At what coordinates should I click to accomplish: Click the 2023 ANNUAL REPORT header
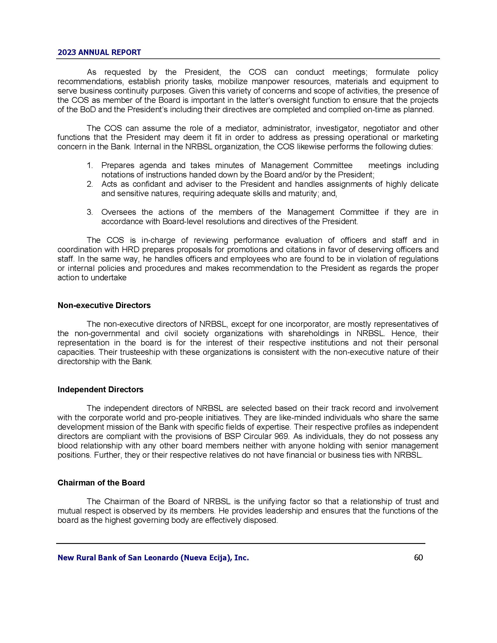point(99,52)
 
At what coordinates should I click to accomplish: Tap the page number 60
point(418,557)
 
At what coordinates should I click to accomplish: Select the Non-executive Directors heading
point(104,305)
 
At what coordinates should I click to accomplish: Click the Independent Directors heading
point(100,390)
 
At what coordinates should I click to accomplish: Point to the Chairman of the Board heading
point(101,483)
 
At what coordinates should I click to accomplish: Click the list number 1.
point(89,165)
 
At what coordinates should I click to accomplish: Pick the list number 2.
point(89,184)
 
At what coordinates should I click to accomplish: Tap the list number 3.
point(89,212)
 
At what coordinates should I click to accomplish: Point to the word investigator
point(336,128)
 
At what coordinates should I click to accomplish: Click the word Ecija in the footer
point(217,558)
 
